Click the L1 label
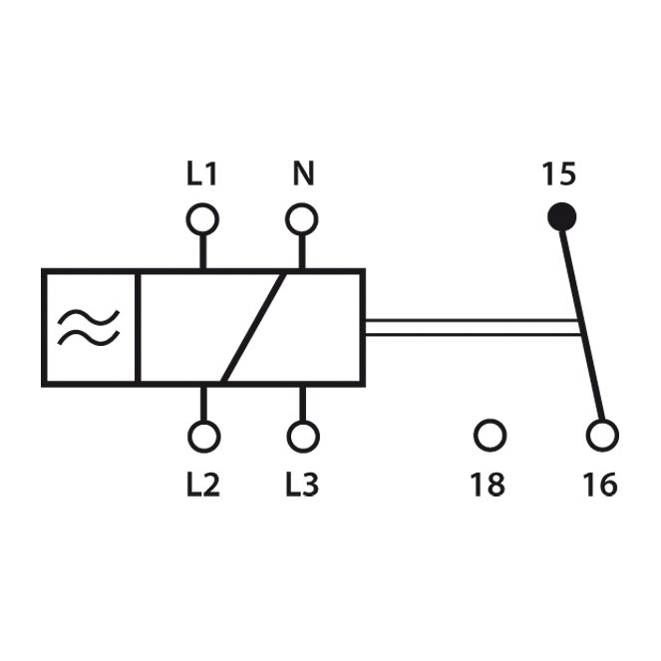(x=202, y=173)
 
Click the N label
(x=303, y=173)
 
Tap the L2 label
(x=203, y=485)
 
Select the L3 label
(x=302, y=485)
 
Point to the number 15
(x=558, y=173)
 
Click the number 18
(x=488, y=485)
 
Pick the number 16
(x=601, y=485)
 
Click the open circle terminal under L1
(x=202, y=219)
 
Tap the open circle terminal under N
(x=302, y=219)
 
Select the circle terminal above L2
(x=204, y=437)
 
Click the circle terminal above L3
(x=303, y=437)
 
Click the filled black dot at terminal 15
(x=561, y=217)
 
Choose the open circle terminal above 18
(x=490, y=435)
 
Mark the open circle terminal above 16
(x=603, y=435)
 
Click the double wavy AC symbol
(x=89, y=328)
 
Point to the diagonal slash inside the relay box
(x=253, y=328)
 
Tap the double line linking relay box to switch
(x=473, y=328)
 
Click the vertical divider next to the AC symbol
(x=138, y=328)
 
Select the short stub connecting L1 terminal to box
(x=202, y=251)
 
